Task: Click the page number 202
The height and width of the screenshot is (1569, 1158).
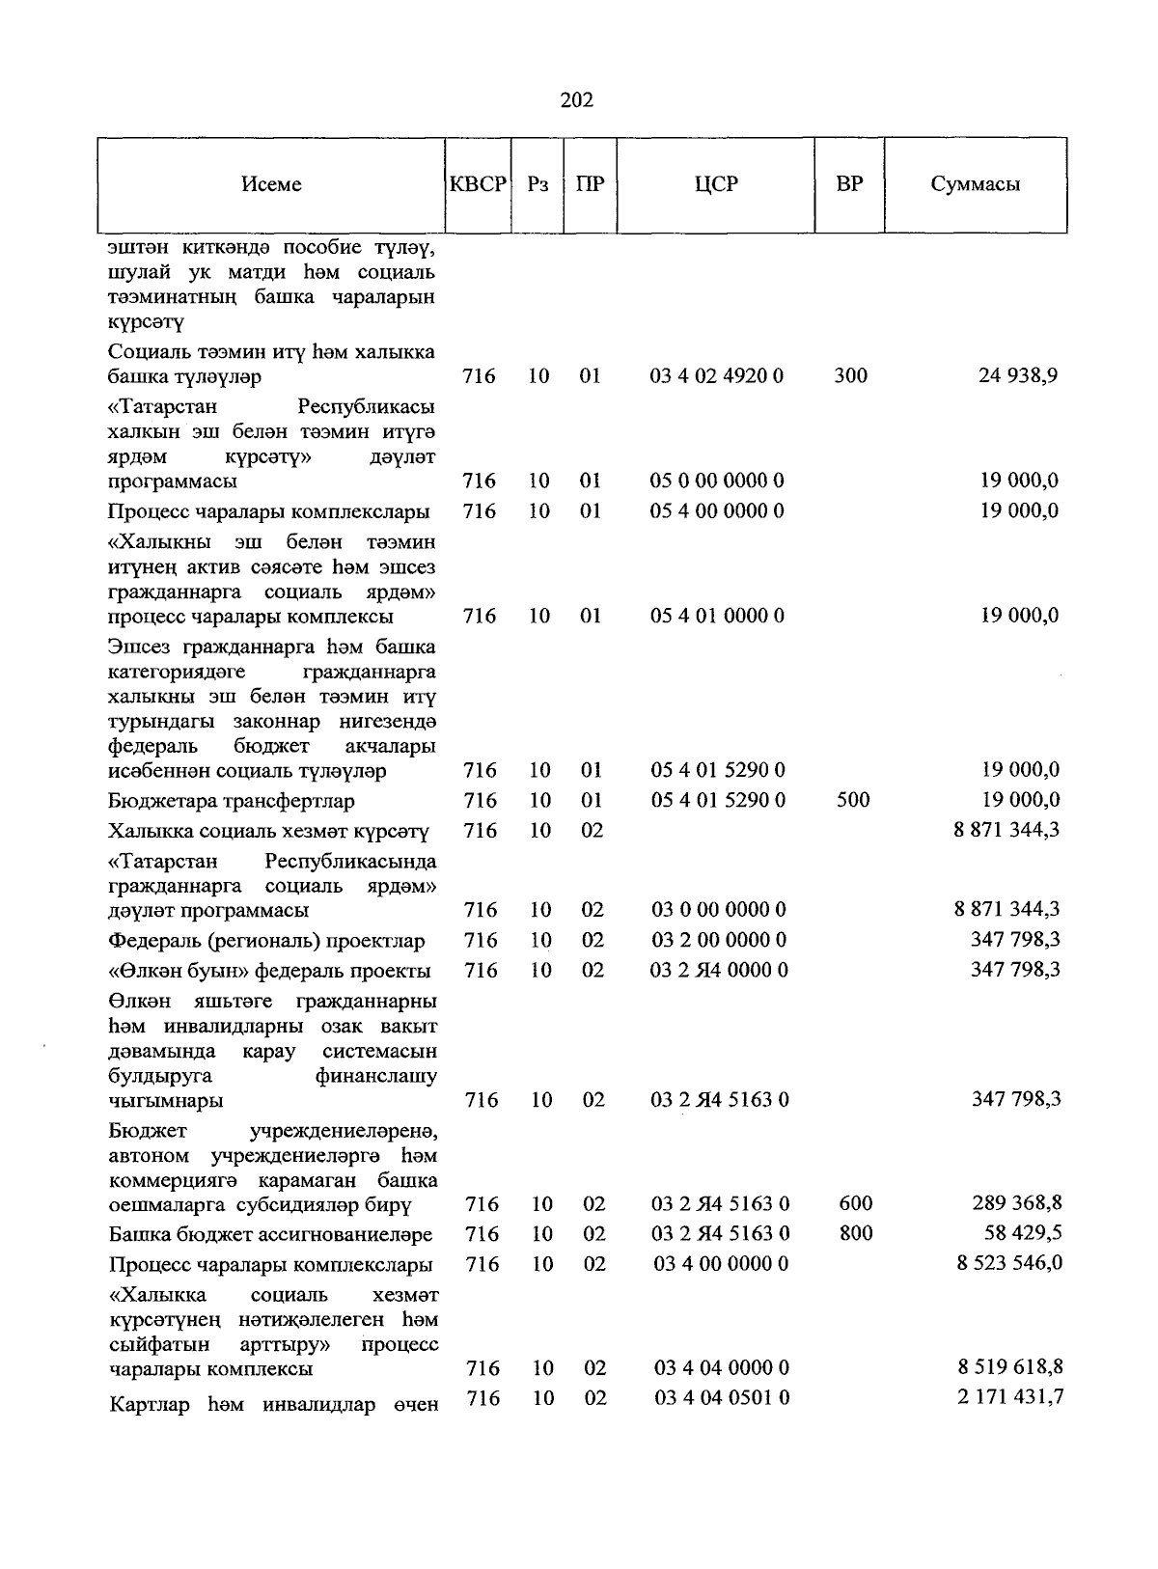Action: tap(577, 100)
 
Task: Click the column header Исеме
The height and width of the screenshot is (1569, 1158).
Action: tap(271, 184)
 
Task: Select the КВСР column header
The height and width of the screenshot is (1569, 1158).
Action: tap(478, 184)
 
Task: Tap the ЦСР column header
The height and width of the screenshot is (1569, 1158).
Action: tap(716, 184)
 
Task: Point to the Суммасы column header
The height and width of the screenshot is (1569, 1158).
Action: tap(975, 184)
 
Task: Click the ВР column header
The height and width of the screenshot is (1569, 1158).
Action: tap(849, 184)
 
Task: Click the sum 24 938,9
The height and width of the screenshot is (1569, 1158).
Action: tap(1018, 375)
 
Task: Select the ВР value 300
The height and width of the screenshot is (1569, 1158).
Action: tap(850, 375)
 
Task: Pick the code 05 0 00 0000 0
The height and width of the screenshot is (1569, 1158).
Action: tap(717, 481)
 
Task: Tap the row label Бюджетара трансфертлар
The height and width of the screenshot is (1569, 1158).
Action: tap(232, 801)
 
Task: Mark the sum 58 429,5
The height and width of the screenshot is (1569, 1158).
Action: tap(1024, 1233)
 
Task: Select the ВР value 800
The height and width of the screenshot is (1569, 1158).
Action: tap(856, 1233)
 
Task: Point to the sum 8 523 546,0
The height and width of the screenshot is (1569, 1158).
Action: tap(1009, 1263)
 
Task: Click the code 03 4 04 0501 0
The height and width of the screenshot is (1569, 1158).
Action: tap(722, 1397)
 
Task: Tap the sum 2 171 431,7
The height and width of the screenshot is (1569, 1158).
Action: tap(1010, 1397)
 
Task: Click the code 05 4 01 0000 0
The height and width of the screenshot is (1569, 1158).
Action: tap(717, 616)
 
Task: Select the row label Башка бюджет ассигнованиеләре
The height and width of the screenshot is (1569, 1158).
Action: tap(270, 1235)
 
